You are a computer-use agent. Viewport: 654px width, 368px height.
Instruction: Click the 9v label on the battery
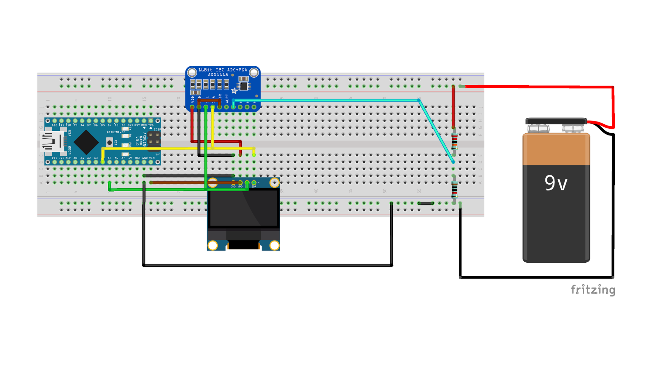point(556,183)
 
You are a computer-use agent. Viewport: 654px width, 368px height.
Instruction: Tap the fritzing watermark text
point(593,290)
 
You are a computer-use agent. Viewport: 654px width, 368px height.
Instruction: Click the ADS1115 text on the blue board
point(218,75)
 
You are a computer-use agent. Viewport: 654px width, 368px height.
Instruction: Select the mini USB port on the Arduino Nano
point(52,141)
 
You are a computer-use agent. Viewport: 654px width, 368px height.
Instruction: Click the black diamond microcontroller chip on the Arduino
point(86,142)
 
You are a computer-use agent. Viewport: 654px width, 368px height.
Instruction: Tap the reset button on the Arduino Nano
point(109,143)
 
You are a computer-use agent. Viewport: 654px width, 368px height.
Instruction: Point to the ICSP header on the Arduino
point(154,138)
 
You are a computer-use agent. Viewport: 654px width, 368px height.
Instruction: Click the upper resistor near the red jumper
point(454,141)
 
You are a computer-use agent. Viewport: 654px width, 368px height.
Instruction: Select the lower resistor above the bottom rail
point(454,189)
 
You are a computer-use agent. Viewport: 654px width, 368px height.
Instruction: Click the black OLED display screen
point(244,208)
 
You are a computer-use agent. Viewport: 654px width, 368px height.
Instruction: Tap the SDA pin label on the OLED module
point(254,187)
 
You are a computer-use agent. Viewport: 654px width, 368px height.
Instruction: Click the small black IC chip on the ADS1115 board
point(244,86)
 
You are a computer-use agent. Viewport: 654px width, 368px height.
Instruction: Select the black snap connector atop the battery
point(556,121)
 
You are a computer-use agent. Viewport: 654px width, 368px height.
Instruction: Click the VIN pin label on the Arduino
point(152,158)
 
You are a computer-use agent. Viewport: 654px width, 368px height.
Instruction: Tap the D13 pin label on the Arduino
point(55,158)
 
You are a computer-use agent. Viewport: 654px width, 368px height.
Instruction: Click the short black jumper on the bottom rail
point(426,203)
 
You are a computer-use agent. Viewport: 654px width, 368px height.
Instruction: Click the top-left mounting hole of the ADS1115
point(192,73)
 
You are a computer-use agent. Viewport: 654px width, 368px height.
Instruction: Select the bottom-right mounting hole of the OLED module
point(274,245)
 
